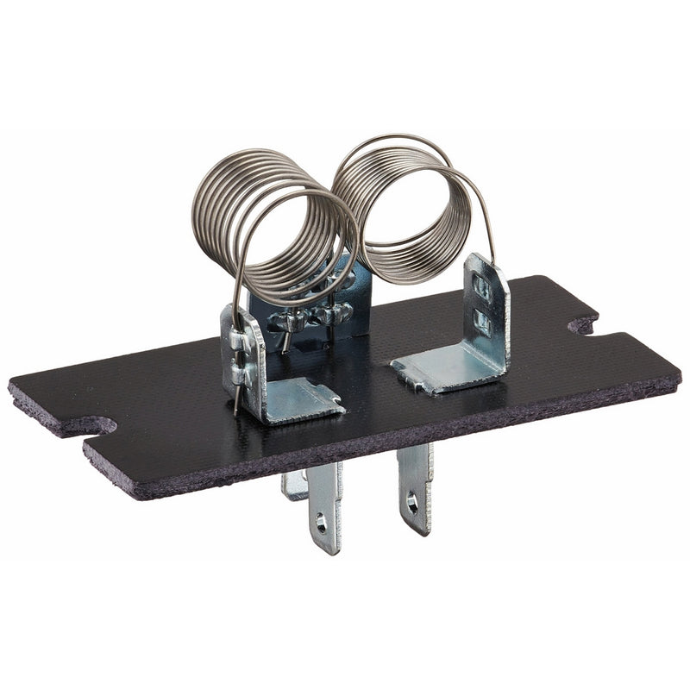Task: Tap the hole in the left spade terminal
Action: (321, 521)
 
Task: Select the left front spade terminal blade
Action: (325, 509)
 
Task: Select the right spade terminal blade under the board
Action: (415, 487)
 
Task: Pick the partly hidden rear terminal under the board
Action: (293, 487)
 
